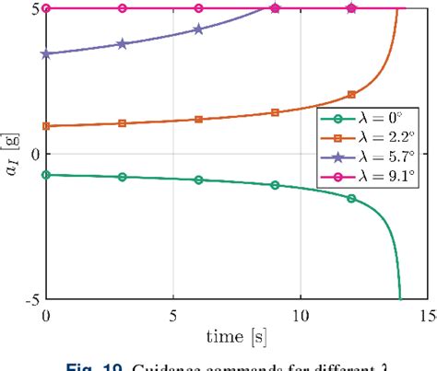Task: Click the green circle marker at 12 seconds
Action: (x=350, y=198)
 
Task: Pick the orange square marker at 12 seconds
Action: (x=350, y=95)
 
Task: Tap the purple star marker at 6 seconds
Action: (x=198, y=29)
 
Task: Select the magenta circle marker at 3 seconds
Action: (x=123, y=8)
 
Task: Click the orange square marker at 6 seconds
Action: (x=198, y=120)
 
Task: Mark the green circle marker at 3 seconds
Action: (x=123, y=177)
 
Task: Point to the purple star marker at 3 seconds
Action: (x=123, y=44)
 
